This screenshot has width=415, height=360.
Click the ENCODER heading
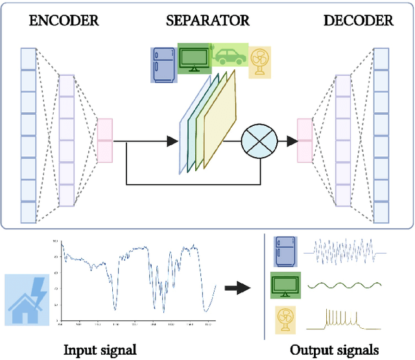pyautogui.click(x=64, y=21)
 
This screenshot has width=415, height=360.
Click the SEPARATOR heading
pyautogui.click(x=207, y=21)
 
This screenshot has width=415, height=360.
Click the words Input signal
pyautogui.click(x=100, y=350)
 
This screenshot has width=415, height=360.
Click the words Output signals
pyautogui.click(x=334, y=350)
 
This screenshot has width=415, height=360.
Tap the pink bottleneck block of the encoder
pyautogui.click(x=104, y=139)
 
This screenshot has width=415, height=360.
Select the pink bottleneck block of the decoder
pyautogui.click(x=305, y=139)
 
